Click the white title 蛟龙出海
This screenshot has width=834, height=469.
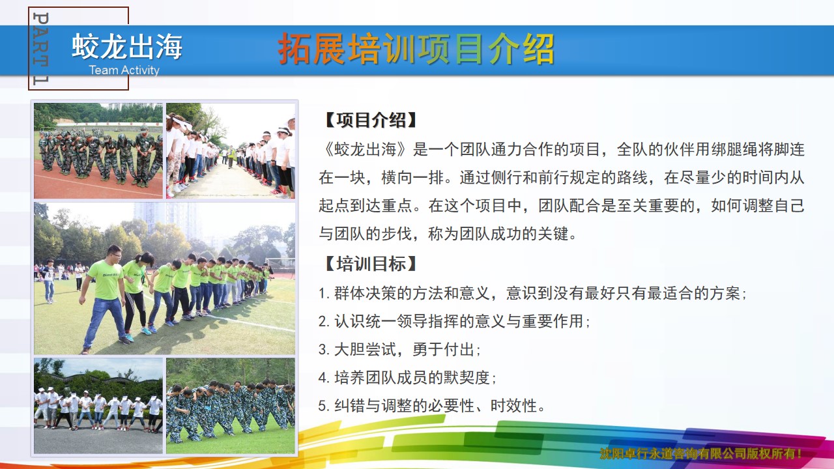[x=127, y=46]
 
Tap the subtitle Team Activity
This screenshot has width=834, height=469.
[x=124, y=70]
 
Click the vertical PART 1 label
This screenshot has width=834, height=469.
[x=40, y=48]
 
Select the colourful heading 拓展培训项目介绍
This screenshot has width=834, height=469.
[x=416, y=49]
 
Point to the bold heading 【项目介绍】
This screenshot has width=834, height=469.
[x=369, y=121]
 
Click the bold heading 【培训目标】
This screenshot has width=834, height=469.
[x=369, y=264]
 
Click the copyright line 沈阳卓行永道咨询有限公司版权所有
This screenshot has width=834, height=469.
[x=700, y=454]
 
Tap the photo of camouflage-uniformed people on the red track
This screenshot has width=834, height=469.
[x=98, y=150]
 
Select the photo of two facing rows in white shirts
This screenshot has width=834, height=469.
[x=231, y=150]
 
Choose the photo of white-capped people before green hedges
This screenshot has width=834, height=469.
[x=98, y=406]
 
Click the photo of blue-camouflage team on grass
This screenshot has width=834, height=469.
[x=231, y=406]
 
